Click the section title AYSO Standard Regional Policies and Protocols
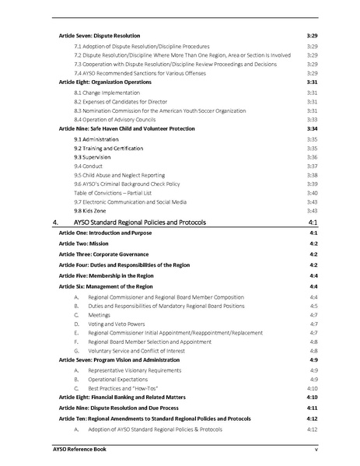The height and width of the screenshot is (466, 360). coord(141,222)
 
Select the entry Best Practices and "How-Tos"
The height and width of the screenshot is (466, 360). coord(118,387)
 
